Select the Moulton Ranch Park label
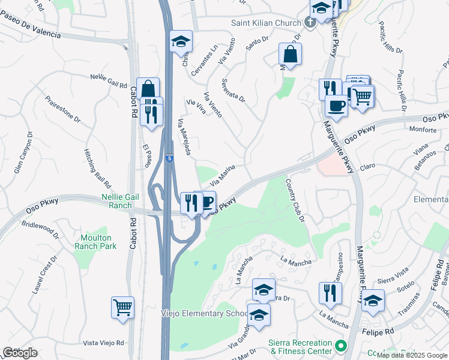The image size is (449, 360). coord(96,242)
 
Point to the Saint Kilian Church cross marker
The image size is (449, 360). coord(310,23)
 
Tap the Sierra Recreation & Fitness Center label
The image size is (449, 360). coord(301,346)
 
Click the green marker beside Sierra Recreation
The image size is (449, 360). coord(341,346)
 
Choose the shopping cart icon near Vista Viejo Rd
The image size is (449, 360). coord(122,308)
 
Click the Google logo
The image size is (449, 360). coord(20,353)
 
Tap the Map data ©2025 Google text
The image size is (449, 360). coord(412,355)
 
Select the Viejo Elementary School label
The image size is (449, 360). coord(204,314)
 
